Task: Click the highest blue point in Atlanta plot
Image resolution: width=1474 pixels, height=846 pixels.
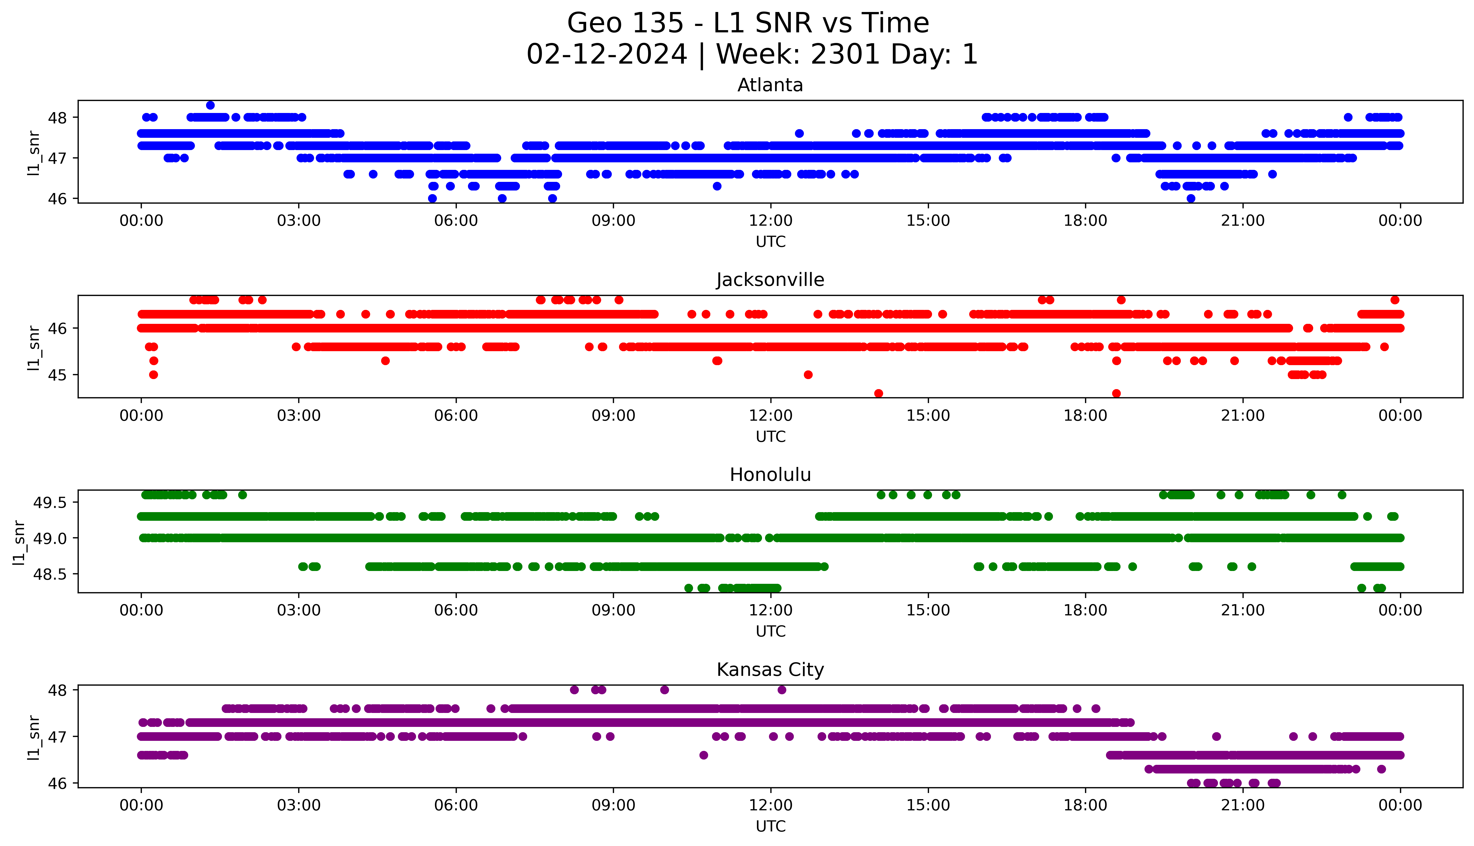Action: [211, 105]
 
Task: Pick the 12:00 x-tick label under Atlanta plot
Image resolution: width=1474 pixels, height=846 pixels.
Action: [770, 221]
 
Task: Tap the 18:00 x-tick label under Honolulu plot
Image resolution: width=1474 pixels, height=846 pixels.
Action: [1086, 611]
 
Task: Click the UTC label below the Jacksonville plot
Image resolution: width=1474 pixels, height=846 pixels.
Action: [770, 436]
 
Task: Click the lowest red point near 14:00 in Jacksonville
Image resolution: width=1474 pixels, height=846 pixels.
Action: [879, 393]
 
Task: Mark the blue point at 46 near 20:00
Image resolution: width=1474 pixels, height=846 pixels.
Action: [1191, 198]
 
